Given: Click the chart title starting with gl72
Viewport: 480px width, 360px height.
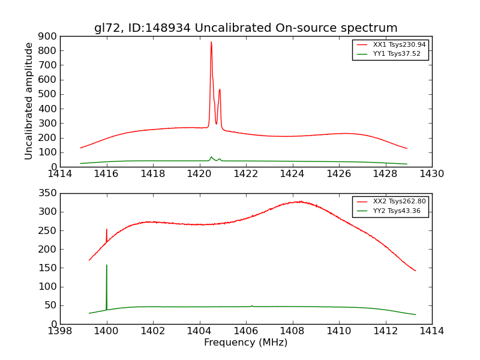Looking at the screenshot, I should [x=245, y=28].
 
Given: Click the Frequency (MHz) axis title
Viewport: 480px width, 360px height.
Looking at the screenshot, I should [x=245, y=343].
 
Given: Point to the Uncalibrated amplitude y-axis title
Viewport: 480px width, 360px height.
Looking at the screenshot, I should [x=29, y=101].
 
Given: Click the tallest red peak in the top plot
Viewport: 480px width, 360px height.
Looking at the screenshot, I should [x=211, y=43].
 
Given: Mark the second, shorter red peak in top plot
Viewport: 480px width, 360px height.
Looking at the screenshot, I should [x=220, y=90].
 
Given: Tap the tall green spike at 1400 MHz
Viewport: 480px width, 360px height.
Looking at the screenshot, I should [x=107, y=266].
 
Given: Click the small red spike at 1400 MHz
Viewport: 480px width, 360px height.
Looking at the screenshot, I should [x=107, y=230].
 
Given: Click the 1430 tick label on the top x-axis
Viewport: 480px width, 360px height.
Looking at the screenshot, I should [x=431, y=174].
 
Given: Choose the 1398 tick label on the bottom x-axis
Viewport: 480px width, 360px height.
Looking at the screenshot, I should [x=60, y=331].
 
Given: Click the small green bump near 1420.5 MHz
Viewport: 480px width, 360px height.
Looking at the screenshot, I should [x=211, y=157].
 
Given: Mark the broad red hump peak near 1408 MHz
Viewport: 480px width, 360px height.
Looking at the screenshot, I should [x=299, y=202].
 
